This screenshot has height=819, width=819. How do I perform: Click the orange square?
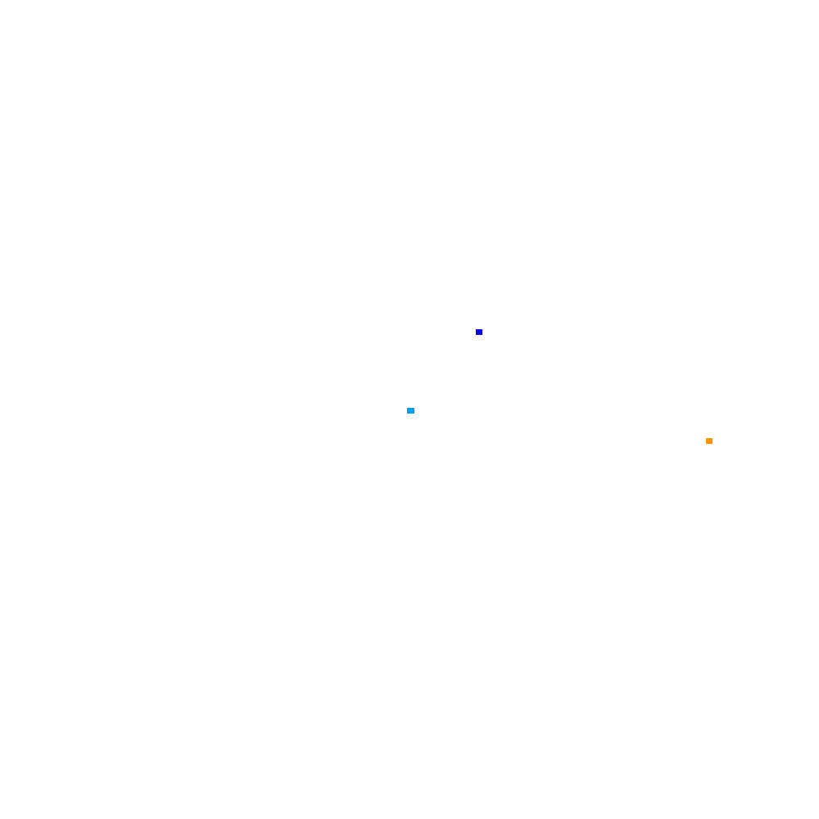pyautogui.click(x=709, y=441)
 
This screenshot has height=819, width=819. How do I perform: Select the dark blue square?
pyautogui.click(x=479, y=332)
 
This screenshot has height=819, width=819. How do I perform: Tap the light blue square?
pyautogui.click(x=410, y=410)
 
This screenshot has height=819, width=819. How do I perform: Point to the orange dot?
pyautogui.click(x=709, y=441)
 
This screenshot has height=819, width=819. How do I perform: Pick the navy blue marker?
pyautogui.click(x=479, y=332)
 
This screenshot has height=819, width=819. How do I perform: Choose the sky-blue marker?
pyautogui.click(x=410, y=410)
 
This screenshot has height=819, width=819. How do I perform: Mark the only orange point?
pyautogui.click(x=709, y=441)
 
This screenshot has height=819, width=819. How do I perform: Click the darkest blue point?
pyautogui.click(x=479, y=332)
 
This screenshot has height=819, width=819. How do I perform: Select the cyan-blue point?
pyautogui.click(x=410, y=410)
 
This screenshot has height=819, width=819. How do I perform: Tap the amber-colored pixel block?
pyautogui.click(x=709, y=441)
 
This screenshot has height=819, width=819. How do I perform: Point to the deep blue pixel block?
pyautogui.click(x=479, y=332)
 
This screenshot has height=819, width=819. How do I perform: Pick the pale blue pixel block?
pyautogui.click(x=410, y=410)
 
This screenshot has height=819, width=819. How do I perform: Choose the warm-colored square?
pyautogui.click(x=709, y=441)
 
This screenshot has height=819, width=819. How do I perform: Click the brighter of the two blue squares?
pyautogui.click(x=410, y=410)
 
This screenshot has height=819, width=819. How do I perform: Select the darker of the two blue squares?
pyautogui.click(x=479, y=332)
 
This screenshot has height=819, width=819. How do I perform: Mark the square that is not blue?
pyautogui.click(x=709, y=441)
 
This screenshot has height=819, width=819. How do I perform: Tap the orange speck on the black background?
pyautogui.click(x=709, y=441)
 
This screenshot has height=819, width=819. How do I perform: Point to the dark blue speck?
pyautogui.click(x=479, y=332)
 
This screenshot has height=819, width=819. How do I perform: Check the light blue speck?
pyautogui.click(x=410, y=410)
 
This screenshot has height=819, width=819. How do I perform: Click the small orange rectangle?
pyautogui.click(x=709, y=441)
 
